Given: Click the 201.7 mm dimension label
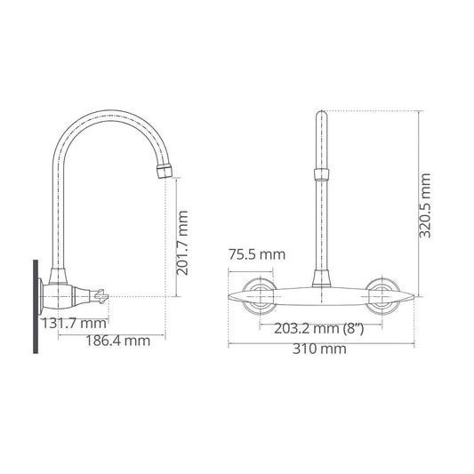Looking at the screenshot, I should [183, 243].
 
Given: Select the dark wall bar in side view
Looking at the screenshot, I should [36, 307].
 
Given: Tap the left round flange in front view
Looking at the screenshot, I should [260, 297].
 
